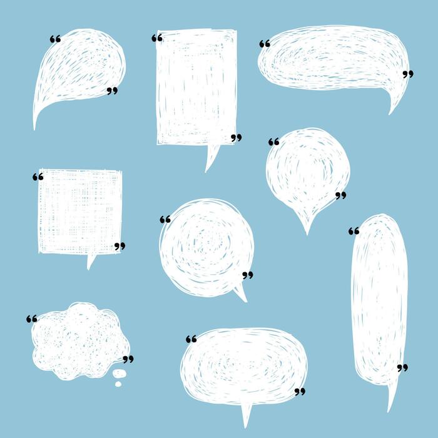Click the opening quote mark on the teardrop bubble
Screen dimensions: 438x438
click(55, 39)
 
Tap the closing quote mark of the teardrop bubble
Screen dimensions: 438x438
click(112, 91)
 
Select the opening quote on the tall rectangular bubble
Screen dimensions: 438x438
click(157, 38)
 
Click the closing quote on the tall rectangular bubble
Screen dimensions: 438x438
click(236, 138)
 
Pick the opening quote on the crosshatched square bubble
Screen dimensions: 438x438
click(38, 177)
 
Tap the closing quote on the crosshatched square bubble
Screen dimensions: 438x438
click(120, 247)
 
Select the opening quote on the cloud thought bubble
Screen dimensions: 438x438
click(32, 319)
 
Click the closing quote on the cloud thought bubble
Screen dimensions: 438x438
click(128, 359)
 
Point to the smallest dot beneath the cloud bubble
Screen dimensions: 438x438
click(116, 382)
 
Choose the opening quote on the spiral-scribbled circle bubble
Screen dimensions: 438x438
click(165, 220)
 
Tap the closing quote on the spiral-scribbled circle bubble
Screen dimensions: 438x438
click(248, 275)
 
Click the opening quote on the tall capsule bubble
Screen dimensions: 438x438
click(354, 231)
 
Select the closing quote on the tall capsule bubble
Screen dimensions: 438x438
click(402, 367)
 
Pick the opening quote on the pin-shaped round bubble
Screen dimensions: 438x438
click(273, 142)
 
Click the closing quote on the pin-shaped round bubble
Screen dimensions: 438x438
click(340, 196)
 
